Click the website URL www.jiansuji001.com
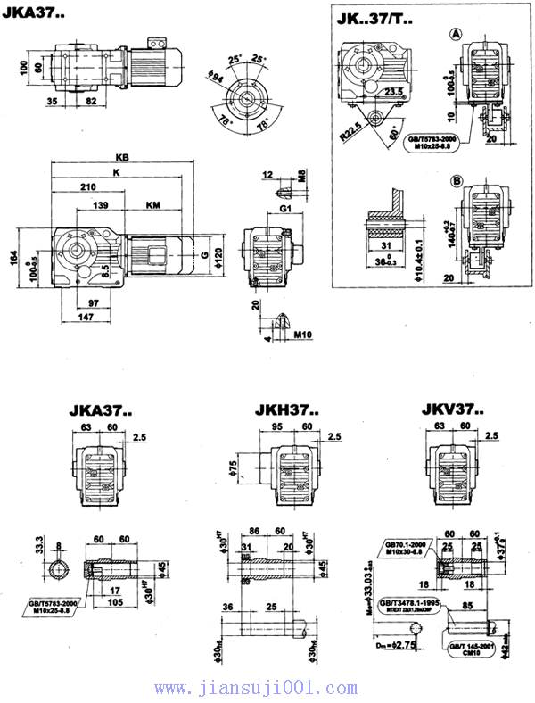[267, 688]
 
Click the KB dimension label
[135, 156]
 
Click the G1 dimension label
[285, 208]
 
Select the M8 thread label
[302, 175]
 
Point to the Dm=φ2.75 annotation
[394, 641]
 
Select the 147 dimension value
[86, 317]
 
